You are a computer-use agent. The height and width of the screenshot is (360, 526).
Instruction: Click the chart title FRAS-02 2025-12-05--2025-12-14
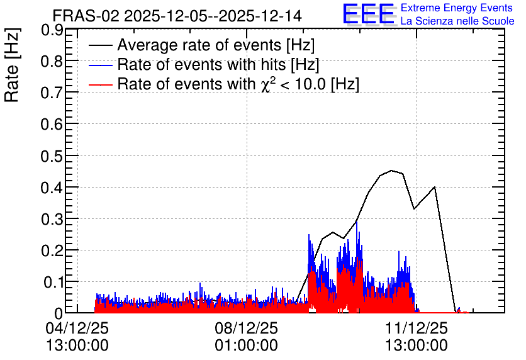pos(177,16)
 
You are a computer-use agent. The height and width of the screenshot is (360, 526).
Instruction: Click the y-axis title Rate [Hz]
pos(12,65)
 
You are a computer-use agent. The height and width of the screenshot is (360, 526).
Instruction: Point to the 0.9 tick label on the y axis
pos(52,30)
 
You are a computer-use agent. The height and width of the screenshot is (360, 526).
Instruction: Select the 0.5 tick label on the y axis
pos(52,156)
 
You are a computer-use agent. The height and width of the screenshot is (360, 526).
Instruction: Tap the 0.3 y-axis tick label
pos(52,220)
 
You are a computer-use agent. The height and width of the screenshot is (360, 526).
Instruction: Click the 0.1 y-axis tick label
pos(53,283)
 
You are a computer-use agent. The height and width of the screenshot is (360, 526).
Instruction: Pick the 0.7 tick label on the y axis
pos(52,93)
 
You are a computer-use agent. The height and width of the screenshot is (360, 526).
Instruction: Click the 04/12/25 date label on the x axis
pos(77,328)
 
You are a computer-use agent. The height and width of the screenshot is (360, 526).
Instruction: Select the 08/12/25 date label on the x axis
pos(246,328)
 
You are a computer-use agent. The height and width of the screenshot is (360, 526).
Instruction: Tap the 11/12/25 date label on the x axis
pos(417,328)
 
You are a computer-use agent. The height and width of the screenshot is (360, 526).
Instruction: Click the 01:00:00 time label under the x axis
pos(246,346)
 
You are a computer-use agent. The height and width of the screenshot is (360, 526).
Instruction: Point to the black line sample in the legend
pos(100,45)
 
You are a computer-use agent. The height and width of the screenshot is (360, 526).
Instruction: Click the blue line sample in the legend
pos(100,65)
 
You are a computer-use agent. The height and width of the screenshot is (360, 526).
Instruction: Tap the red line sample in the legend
pos(100,84)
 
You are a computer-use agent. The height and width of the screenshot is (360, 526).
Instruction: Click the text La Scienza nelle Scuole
pos(457,21)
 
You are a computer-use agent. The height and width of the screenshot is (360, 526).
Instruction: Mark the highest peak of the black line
pos(391,171)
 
